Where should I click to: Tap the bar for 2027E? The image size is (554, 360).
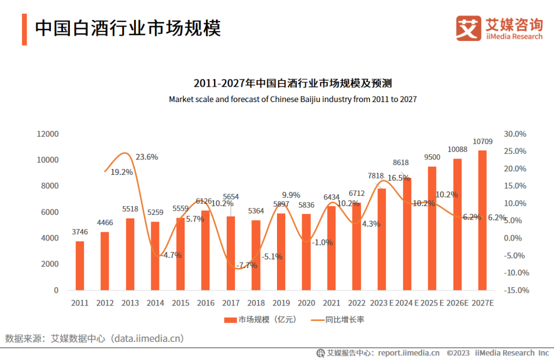click(482, 220)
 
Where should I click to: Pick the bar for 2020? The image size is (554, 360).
click(306, 252)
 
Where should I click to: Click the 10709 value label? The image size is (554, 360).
click(483, 142)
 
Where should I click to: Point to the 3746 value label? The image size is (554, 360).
click(80, 232)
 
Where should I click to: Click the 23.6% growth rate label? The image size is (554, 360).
click(147, 157)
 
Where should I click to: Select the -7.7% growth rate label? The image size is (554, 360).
click(246, 265)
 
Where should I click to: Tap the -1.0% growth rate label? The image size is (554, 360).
click(323, 242)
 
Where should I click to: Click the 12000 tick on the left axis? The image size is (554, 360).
click(48, 134)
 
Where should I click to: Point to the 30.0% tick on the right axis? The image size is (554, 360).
click(515, 134)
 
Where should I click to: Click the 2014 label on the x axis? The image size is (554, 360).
click(155, 303)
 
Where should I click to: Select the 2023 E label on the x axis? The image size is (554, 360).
click(381, 303)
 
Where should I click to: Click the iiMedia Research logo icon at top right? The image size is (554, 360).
click(468, 28)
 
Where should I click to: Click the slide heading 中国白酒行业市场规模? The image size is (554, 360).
click(128, 28)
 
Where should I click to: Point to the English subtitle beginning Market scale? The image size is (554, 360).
click(292, 99)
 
